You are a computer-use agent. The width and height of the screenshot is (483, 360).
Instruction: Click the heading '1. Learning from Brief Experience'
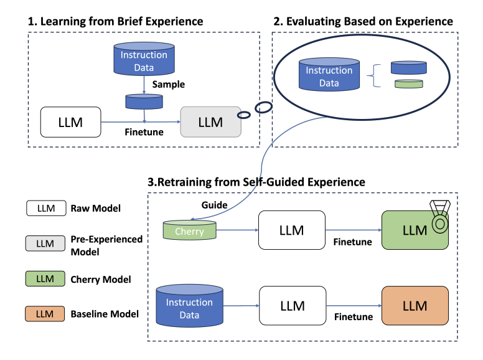tap(115, 21)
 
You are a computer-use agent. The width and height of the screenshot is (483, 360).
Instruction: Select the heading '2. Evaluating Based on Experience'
tap(363, 21)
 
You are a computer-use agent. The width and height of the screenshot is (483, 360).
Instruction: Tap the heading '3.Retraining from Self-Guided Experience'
tap(257, 182)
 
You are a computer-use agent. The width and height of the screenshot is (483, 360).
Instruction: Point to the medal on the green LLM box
tap(440, 216)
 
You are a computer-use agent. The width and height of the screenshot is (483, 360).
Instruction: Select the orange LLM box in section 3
tap(415, 306)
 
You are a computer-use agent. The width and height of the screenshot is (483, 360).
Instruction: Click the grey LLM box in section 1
tap(210, 122)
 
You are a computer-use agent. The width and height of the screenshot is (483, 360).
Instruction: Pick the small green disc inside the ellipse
tap(408, 83)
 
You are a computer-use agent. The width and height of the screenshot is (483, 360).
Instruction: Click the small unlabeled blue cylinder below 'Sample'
tap(144, 100)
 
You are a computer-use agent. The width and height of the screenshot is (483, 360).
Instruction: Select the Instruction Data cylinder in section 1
tap(144, 59)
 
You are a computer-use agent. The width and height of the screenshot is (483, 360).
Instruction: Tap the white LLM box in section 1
tap(70, 122)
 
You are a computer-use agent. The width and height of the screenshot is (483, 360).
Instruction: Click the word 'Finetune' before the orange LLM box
tap(354, 317)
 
